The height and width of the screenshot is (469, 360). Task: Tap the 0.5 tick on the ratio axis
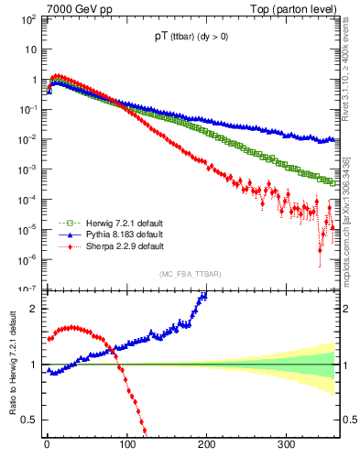(x=31, y=420)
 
